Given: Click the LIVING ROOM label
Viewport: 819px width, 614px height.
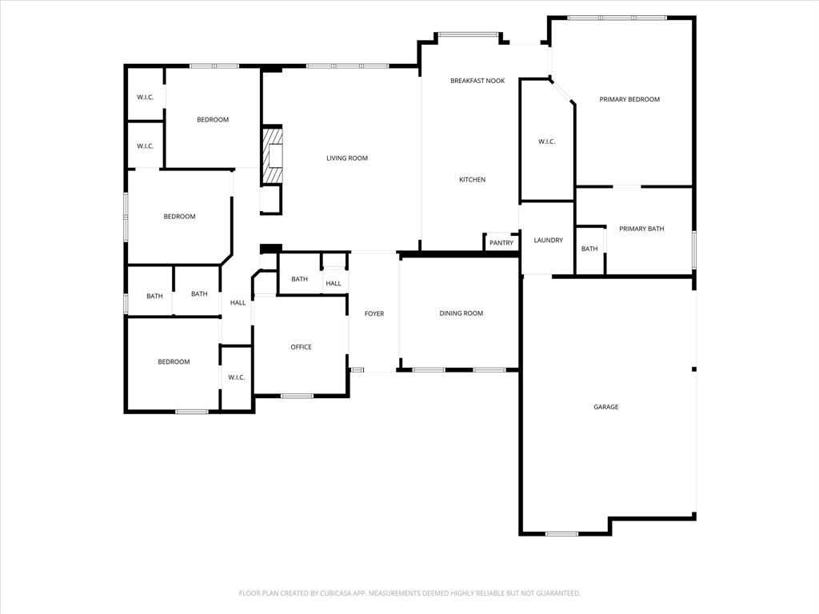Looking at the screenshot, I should click(x=346, y=158).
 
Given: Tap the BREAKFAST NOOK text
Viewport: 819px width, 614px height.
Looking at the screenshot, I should click(x=477, y=81).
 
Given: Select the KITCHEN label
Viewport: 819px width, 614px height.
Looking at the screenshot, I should click(x=472, y=180).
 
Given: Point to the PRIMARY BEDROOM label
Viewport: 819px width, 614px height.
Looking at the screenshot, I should click(x=629, y=99).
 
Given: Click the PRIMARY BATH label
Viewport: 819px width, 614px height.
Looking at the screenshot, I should click(x=641, y=229).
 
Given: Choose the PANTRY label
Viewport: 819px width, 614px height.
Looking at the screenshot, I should click(x=501, y=243).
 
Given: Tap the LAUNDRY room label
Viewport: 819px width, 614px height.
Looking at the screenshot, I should click(x=548, y=240).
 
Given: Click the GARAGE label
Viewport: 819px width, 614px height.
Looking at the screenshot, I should click(x=605, y=407).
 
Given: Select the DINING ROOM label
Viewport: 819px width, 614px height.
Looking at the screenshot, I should click(x=461, y=313).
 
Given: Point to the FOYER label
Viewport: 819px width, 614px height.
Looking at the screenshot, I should click(x=374, y=313).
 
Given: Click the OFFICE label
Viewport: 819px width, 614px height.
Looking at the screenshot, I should click(x=301, y=347).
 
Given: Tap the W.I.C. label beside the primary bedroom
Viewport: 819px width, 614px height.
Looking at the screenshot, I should click(x=546, y=142).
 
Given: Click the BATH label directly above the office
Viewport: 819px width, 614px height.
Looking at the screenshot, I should click(x=299, y=279).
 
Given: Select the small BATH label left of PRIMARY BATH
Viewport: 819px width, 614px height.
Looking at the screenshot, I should click(x=589, y=249).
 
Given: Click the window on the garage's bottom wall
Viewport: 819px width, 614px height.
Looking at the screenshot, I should click(x=561, y=533).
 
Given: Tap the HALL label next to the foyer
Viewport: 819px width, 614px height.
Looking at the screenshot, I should click(x=334, y=283).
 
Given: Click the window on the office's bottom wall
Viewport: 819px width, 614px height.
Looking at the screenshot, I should click(x=297, y=396).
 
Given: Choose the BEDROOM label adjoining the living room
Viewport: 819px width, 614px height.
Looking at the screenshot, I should click(x=213, y=120).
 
